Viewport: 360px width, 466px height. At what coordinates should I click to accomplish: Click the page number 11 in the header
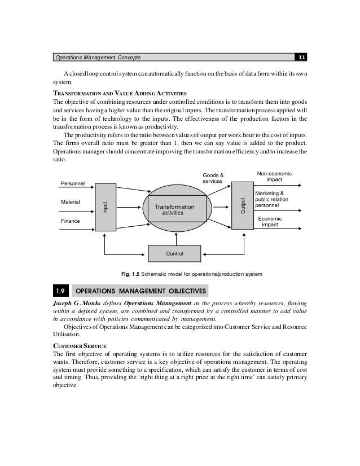click(301, 58)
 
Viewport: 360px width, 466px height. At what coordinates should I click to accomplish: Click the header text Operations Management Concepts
click(97, 58)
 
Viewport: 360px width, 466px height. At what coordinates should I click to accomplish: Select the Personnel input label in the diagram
click(72, 183)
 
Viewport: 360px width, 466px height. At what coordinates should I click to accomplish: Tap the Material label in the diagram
click(70, 201)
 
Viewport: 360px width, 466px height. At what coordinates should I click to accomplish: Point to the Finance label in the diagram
click(70, 221)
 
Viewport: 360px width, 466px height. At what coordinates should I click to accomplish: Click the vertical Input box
click(105, 206)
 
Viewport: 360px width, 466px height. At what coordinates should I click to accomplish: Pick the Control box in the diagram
click(174, 254)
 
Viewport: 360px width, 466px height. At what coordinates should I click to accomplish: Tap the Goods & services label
click(213, 178)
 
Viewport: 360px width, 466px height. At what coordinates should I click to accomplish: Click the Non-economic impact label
click(274, 177)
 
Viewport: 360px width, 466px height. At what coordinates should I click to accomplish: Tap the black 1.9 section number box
click(60, 291)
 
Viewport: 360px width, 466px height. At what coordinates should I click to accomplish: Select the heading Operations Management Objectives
click(141, 291)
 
